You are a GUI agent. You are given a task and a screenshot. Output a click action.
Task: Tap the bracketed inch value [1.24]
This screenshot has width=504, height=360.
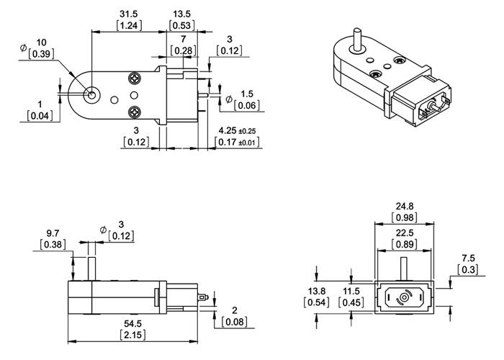pyautogui.click(x=129, y=25)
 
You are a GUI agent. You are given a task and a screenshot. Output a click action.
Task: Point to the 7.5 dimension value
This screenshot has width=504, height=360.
pyautogui.click(x=469, y=257)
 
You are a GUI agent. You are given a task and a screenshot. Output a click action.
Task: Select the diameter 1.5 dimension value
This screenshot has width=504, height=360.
pyautogui.click(x=247, y=94)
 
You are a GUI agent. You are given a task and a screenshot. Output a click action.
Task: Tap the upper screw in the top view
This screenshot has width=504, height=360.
pyautogui.click(x=135, y=78)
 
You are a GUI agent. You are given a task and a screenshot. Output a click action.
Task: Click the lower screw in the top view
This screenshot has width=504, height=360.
pyautogui.click(x=135, y=111)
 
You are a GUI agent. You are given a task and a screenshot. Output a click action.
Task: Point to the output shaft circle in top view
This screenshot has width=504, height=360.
pyautogui.click(x=91, y=94)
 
